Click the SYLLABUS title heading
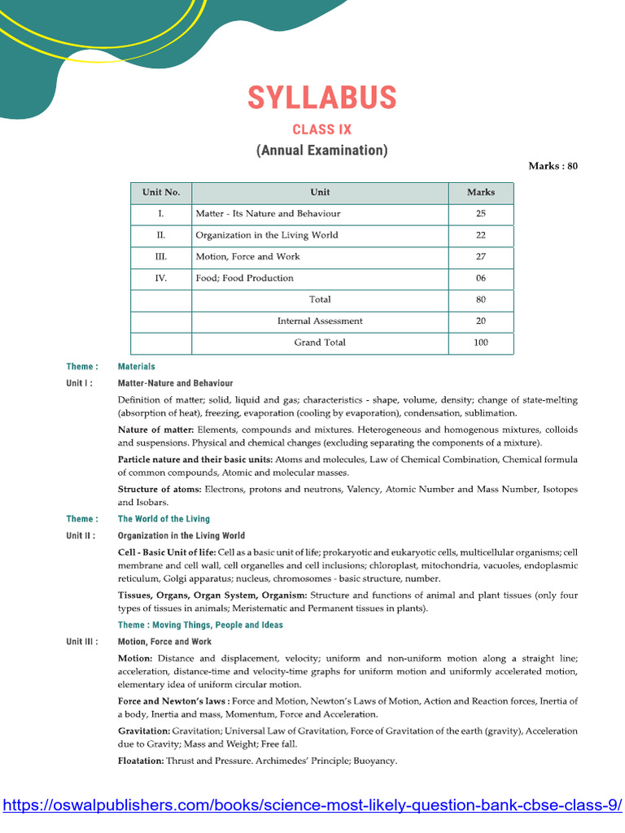[x=321, y=98]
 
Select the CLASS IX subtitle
[x=321, y=129]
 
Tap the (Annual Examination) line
[x=321, y=150]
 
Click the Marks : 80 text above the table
[x=553, y=166]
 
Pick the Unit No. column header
[x=161, y=193]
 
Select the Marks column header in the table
[x=480, y=193]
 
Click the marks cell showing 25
[x=480, y=214]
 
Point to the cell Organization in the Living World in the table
[x=267, y=235]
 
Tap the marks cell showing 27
[x=480, y=257]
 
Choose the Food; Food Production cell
[x=244, y=278]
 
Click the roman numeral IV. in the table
[x=161, y=278]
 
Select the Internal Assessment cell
[x=320, y=321]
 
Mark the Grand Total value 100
[x=480, y=342]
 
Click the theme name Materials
[x=136, y=367]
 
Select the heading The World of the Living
[x=164, y=519]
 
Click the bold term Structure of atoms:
[x=160, y=490]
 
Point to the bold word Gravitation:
[x=144, y=731]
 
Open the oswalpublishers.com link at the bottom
[x=312, y=805]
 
